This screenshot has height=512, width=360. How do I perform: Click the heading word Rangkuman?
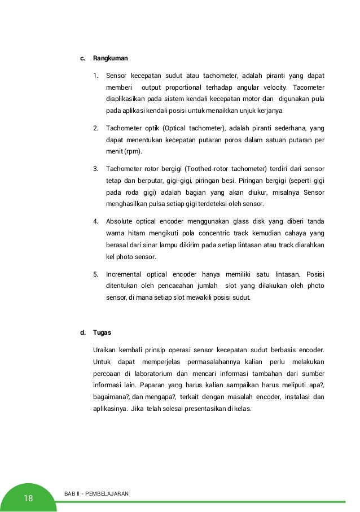pos(111,58)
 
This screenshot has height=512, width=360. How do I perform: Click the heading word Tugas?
pos(102,332)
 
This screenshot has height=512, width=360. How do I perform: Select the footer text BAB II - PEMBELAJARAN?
pos(96,494)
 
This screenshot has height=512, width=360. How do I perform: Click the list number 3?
pos(96,168)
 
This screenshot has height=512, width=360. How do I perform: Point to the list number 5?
pos(96,274)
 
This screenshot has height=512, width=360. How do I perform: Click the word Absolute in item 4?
pos(120,221)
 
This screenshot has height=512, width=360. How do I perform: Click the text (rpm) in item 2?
pos(133,151)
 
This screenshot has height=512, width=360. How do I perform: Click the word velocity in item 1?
pos(274,87)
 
